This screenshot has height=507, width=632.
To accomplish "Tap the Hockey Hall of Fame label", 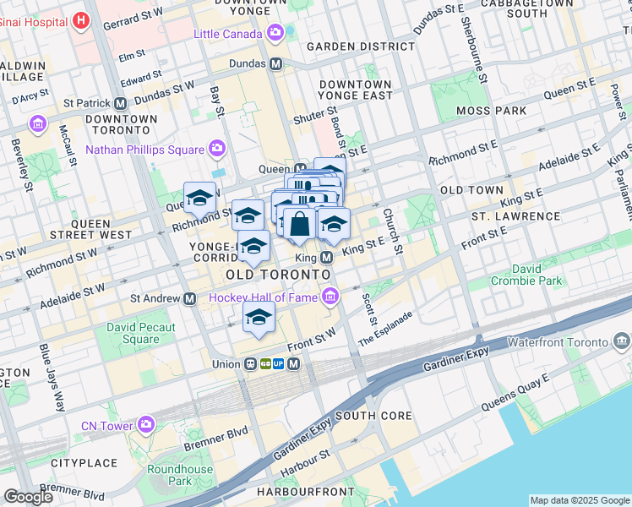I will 261,297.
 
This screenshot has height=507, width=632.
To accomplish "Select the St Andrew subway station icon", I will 191,298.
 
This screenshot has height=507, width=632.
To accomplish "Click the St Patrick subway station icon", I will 121,103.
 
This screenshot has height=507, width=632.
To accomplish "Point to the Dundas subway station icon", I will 275,63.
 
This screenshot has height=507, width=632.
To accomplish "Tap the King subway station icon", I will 326,257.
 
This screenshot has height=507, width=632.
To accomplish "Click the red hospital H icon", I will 81,19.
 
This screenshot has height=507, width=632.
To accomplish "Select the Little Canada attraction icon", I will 275,33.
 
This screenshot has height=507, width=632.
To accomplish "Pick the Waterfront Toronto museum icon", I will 622,342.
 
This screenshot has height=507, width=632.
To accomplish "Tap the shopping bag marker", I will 299,225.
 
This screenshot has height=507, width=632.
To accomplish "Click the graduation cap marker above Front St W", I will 259,319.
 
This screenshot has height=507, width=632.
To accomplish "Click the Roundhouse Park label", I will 180,475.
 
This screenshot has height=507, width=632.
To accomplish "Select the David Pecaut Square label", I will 141,333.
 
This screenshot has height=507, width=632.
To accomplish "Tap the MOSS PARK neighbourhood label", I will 491,111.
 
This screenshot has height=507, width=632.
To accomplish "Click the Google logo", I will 27,497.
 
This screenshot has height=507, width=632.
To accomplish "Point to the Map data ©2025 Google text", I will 580,500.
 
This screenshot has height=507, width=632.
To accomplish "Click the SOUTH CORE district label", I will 373,416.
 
